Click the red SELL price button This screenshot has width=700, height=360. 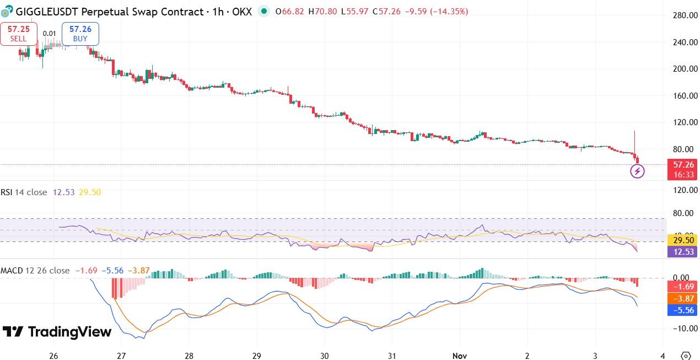18,34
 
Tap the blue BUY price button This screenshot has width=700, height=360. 80,34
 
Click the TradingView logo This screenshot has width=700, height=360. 57,332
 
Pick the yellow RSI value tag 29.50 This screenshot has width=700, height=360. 682,240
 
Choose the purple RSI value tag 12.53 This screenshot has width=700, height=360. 682,252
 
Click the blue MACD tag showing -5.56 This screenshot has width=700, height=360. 682,310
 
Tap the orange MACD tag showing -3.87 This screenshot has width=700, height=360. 682,298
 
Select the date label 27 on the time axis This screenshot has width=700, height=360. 121,356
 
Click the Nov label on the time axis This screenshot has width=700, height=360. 459,356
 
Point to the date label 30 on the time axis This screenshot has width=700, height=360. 324,356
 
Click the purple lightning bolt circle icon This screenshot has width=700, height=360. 637,171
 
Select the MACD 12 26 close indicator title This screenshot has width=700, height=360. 35,271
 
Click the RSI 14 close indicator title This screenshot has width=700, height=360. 25,192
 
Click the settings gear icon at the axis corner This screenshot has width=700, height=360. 686,356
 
